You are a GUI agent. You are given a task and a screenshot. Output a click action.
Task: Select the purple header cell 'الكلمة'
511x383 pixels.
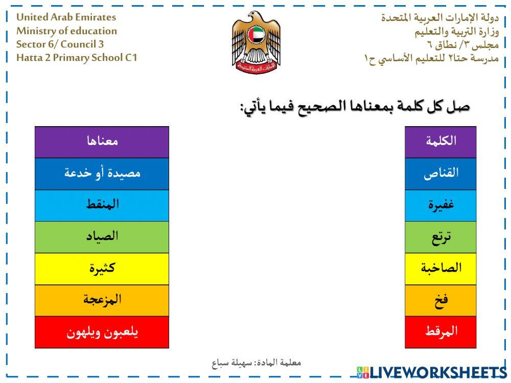point(440,141)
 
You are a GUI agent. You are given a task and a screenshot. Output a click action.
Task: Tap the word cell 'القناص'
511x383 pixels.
point(440,173)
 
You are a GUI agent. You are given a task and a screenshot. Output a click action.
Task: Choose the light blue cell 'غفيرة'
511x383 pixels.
point(440,205)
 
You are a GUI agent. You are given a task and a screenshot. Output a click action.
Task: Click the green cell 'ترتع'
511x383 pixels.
point(440,237)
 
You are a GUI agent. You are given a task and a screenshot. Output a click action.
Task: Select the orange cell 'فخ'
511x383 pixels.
point(440,300)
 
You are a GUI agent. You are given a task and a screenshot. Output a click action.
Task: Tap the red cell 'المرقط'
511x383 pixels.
point(440,332)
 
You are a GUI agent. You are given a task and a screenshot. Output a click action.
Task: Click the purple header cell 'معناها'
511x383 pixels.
point(102,141)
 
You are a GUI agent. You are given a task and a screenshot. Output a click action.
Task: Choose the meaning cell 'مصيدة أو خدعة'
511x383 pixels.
point(102,173)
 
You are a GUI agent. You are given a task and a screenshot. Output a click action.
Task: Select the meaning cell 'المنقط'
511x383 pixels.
point(102,205)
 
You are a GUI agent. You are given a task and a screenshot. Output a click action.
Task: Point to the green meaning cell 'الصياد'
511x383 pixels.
point(102,237)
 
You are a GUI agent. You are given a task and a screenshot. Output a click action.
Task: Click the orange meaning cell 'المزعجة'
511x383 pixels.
point(102,300)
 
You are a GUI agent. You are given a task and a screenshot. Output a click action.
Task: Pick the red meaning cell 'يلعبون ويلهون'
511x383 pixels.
point(102,332)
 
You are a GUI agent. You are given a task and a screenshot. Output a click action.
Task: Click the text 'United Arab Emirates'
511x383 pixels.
point(66,17)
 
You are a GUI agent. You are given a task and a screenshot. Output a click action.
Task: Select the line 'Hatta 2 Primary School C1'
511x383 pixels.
point(77,57)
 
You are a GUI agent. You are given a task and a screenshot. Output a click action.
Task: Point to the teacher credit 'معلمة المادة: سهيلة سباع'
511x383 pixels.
point(257,363)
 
